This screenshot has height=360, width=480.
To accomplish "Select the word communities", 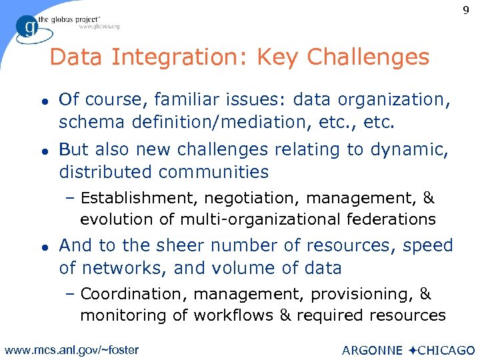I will pyautogui.click(x=213, y=172).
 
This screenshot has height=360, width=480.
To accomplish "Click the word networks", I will pyautogui.click(x=119, y=268).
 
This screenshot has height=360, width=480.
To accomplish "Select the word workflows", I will pyautogui.click(x=230, y=315).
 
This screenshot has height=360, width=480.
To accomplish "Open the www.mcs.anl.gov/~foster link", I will pyautogui.click(x=71, y=349).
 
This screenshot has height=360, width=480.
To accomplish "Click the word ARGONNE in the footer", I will pyautogui.click(x=372, y=350).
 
